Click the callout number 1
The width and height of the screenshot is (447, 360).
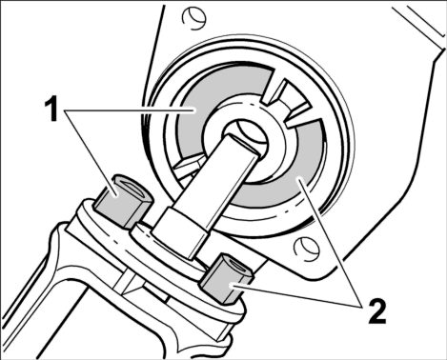[x=51, y=110]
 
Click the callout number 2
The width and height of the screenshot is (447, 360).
[x=377, y=311]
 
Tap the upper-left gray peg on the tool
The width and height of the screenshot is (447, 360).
[x=123, y=201]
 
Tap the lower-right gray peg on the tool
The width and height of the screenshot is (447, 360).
[x=226, y=278]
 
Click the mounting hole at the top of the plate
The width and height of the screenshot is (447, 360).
[x=193, y=18]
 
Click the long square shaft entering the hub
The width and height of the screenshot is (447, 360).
[x=222, y=174]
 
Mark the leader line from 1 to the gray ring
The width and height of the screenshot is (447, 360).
[x=130, y=110]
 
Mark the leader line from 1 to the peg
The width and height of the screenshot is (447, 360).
[x=91, y=150]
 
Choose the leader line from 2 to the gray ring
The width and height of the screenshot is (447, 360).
[x=330, y=243]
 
